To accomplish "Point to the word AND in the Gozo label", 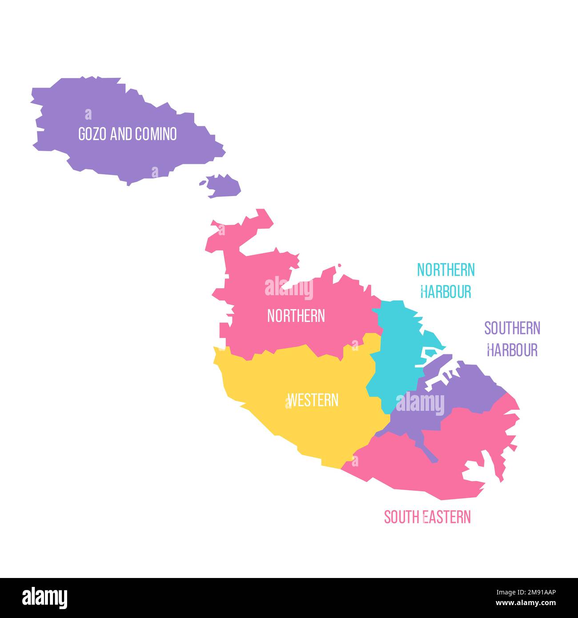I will click(x=118, y=134).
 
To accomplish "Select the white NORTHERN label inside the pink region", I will click(x=296, y=316).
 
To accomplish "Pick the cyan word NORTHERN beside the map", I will click(x=446, y=270).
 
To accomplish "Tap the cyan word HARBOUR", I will click(x=446, y=292).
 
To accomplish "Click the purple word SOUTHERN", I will click(x=512, y=328).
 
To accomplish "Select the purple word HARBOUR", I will click(x=512, y=350).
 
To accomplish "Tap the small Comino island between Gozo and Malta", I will click(x=224, y=185).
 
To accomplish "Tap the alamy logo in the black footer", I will click(x=45, y=598).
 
